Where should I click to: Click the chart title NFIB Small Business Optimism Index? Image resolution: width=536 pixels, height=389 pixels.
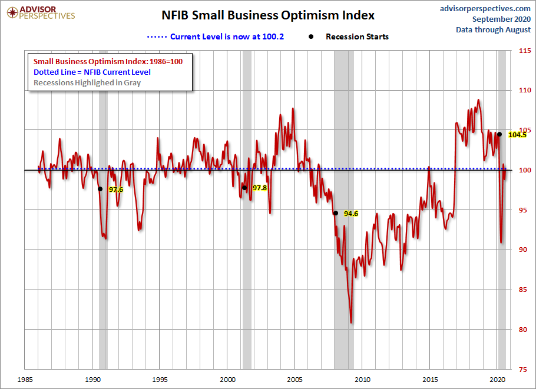pyautogui.click(x=268, y=15)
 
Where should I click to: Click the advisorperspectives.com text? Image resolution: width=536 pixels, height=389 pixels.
pyautogui.click(x=485, y=8)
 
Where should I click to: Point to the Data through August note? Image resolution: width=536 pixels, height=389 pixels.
pyautogui.click(x=493, y=29)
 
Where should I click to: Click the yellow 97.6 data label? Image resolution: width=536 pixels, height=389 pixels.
pyautogui.click(x=116, y=189)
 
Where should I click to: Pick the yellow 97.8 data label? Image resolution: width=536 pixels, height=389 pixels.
pyautogui.click(x=260, y=188)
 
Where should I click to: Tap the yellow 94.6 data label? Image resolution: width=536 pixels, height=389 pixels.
pyautogui.click(x=351, y=214)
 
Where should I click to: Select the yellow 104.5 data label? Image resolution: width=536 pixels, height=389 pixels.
pyautogui.click(x=517, y=135)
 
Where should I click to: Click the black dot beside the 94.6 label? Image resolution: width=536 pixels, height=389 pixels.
pyautogui.click(x=336, y=213)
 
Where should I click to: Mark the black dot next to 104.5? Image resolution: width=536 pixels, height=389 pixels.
pyautogui.click(x=499, y=134)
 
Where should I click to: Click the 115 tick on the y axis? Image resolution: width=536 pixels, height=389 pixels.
pyautogui.click(x=524, y=51)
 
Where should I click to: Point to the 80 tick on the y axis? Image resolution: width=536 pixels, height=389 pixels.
pyautogui.click(x=522, y=330)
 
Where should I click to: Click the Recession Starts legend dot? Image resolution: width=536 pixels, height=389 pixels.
pyautogui.click(x=311, y=36)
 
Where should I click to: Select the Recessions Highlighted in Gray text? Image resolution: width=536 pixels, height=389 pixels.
pyautogui.click(x=87, y=82)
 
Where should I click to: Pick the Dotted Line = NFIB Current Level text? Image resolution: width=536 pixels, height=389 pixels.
pyautogui.click(x=92, y=72)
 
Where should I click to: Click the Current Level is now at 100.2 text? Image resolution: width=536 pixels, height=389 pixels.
pyautogui.click(x=227, y=36)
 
